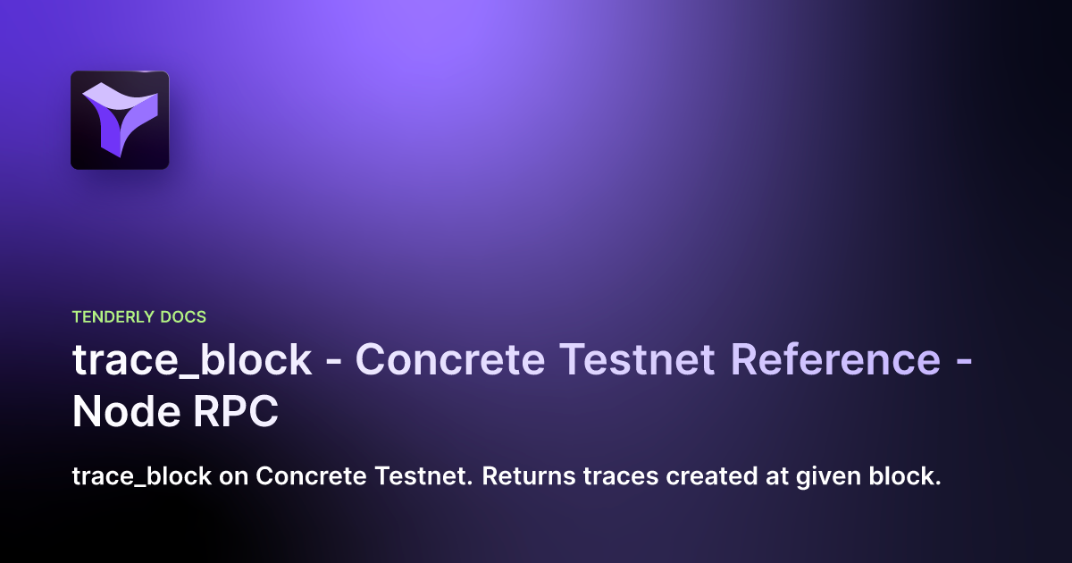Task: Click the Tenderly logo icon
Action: [x=120, y=120]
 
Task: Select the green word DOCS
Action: [x=184, y=316]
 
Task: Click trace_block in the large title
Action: [x=192, y=360]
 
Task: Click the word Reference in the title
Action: [x=835, y=360]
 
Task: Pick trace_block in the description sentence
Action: [x=142, y=477]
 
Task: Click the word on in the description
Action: [x=234, y=477]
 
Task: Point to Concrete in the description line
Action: [x=304, y=477]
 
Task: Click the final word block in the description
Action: [x=906, y=477]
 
